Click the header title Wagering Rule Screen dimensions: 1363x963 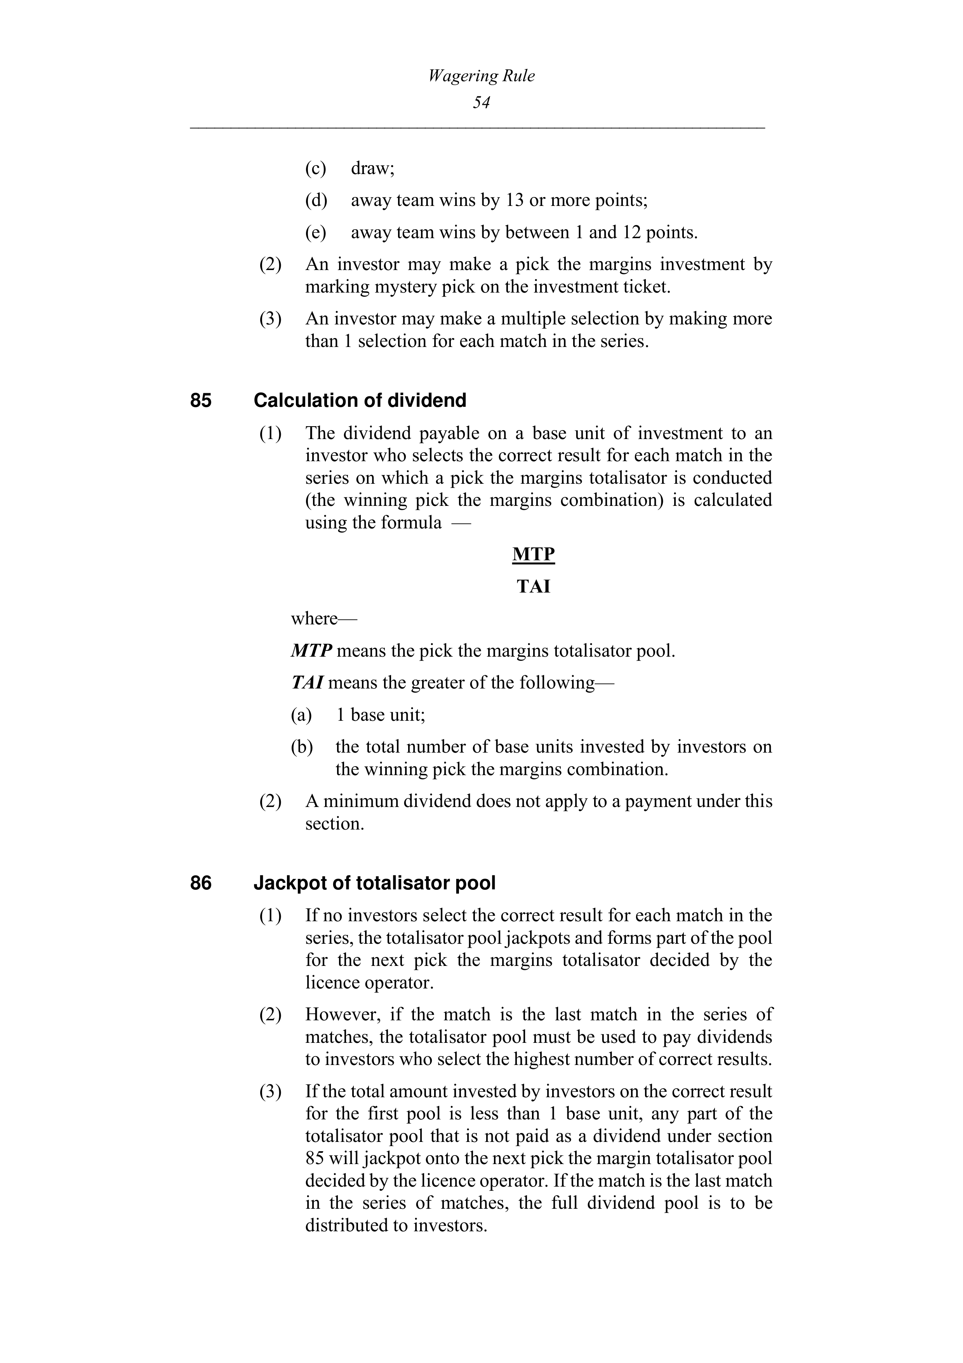(481, 76)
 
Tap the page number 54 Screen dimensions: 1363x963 (481, 103)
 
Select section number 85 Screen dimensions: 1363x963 (200, 401)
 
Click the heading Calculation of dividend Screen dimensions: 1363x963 (360, 401)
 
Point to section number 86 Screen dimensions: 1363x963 (200, 883)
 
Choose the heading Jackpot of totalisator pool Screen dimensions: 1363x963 (374, 883)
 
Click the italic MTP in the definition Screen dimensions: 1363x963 (311, 651)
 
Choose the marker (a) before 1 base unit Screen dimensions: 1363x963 (301, 715)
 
